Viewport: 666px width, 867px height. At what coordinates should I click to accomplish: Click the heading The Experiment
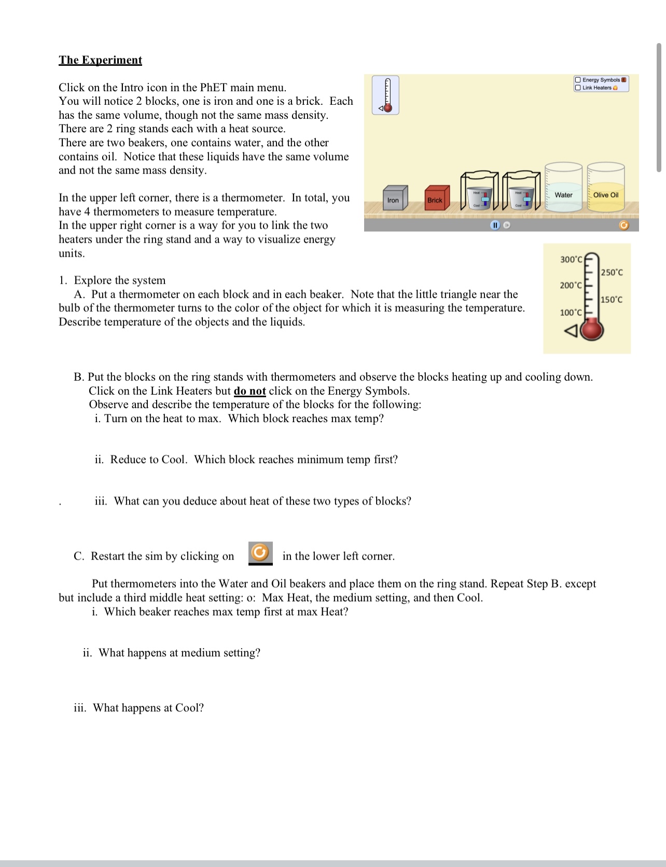pos(100,60)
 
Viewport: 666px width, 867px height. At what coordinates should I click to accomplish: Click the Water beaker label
pos(563,195)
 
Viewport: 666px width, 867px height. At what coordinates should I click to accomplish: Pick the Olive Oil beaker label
pos(605,195)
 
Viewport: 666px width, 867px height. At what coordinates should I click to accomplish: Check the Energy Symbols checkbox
pos(578,80)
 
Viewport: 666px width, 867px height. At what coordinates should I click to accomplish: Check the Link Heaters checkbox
pos(578,88)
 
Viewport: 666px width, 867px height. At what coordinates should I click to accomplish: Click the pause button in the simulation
pos(495,226)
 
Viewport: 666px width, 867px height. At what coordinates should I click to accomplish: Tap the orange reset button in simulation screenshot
pos(624,225)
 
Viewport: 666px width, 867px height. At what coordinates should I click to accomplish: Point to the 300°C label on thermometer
pos(571,259)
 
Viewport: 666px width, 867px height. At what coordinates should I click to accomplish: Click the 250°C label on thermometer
pos(612,273)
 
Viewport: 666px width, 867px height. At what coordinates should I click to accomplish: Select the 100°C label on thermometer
pos(571,313)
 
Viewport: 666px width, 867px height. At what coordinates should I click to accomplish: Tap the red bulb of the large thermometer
pos(592,330)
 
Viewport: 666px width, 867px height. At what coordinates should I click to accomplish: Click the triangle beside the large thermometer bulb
pos(571,331)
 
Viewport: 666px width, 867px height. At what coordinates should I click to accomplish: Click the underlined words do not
pos(249,391)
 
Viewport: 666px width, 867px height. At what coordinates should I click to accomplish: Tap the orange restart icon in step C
pos(260,553)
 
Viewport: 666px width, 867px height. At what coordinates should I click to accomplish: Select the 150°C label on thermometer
pos(612,300)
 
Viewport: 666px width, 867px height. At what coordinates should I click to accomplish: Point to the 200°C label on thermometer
pos(571,286)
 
